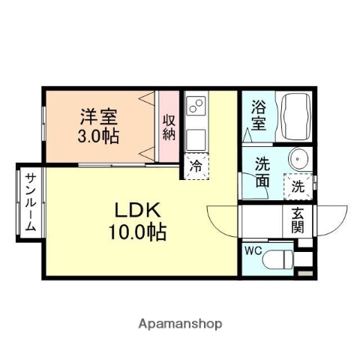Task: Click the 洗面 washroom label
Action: click(x=262, y=172)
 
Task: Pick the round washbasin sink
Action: click(x=298, y=160)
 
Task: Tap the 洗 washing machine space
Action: click(x=298, y=184)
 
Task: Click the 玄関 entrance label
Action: click(x=298, y=220)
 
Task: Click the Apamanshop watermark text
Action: click(x=179, y=324)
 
